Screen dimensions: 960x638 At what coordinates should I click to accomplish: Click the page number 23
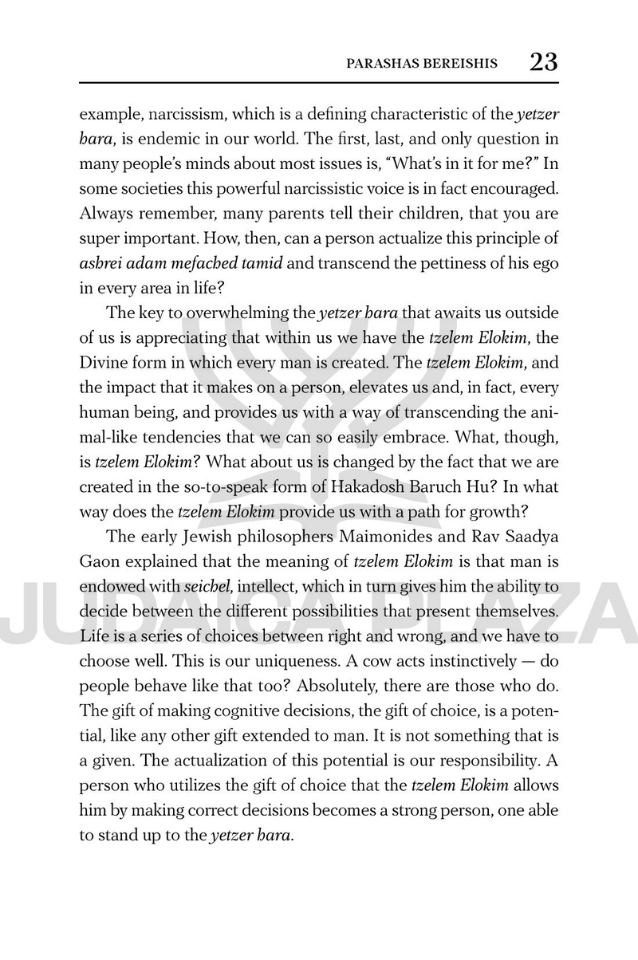(x=543, y=61)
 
